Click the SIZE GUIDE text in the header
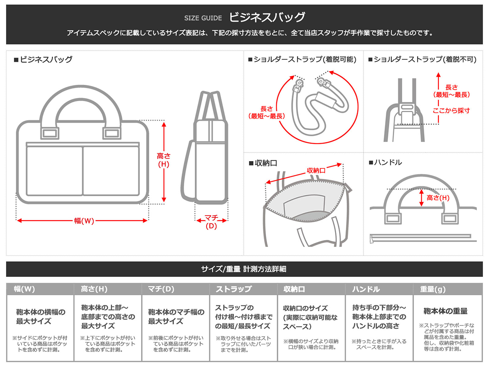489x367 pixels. pos(203,18)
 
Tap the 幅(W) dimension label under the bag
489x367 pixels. pos(84,221)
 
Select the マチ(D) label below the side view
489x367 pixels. pos(211,221)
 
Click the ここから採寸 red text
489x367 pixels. pos(451,110)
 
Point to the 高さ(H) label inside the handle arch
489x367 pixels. pos(438,198)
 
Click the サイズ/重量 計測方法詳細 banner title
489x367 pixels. pos(244,269)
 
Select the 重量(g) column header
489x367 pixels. pos(433,289)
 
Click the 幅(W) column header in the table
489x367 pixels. pos(24,289)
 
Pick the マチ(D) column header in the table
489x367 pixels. pos(161,289)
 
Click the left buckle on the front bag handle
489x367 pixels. pos(50,133)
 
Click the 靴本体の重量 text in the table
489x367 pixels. pos(445,311)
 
